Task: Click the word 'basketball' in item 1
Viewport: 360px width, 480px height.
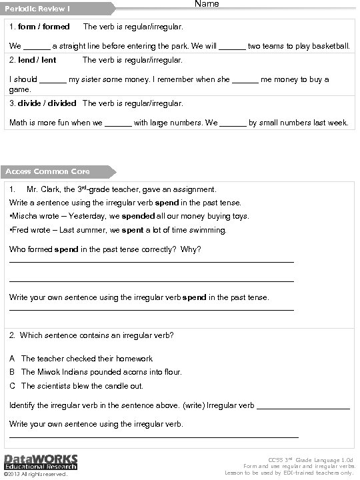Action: (x=331, y=46)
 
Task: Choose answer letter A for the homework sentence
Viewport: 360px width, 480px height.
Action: (x=13, y=358)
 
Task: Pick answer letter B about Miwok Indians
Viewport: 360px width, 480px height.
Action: (x=13, y=372)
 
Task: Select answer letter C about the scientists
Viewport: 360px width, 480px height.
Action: (x=13, y=386)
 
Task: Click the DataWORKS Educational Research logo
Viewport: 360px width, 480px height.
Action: (x=41, y=461)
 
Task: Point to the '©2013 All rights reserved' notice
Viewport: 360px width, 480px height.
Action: (x=35, y=475)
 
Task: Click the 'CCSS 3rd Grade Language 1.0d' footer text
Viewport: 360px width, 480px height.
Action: (x=310, y=460)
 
